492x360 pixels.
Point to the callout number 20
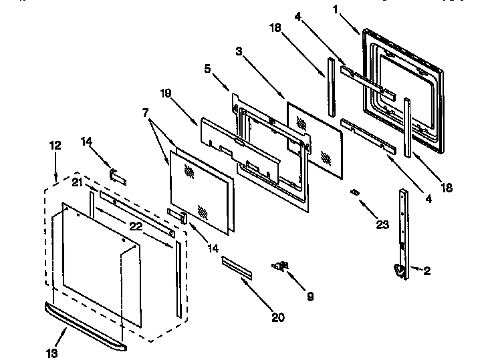(x=278, y=318)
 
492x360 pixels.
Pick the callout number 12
(x=55, y=144)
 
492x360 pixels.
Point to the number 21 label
(x=77, y=183)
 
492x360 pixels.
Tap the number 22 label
(x=136, y=226)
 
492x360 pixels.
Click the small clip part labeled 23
(x=355, y=192)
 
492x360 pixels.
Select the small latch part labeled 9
(x=280, y=266)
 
